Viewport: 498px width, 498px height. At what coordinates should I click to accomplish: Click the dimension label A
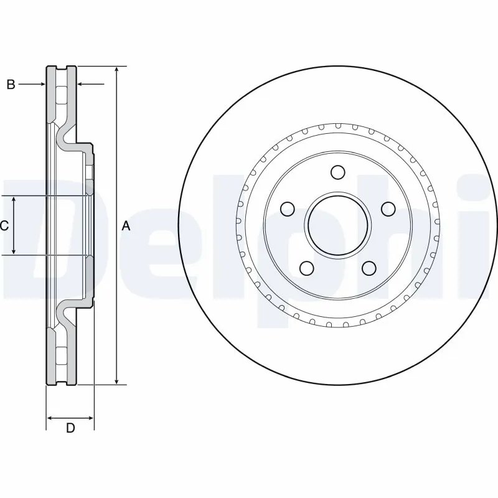pos(126,227)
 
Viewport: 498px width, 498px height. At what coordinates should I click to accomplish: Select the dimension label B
pos(11,85)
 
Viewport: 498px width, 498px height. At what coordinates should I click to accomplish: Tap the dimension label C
pos(4,225)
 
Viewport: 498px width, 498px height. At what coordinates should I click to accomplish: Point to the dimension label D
pos(70,428)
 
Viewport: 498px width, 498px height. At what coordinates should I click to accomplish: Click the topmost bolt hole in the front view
pos(337,172)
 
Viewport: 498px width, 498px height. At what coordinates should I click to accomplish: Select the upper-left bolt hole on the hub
pos(287,208)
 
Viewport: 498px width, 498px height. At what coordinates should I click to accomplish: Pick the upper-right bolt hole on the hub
pos(388,208)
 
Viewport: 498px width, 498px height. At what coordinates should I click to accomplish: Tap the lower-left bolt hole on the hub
pos(306,268)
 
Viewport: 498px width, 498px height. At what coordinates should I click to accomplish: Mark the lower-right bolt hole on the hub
pos(369,268)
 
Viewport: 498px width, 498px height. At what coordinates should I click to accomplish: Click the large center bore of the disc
pos(337,225)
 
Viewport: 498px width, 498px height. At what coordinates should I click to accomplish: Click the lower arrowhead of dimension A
pos(116,381)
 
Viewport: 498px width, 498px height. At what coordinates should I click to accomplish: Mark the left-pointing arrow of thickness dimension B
pos(82,84)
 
